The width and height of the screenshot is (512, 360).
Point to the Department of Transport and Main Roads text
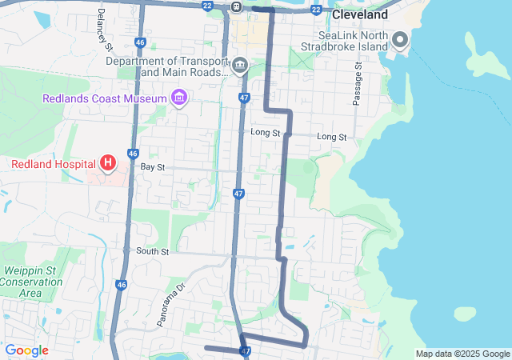click(x=166, y=66)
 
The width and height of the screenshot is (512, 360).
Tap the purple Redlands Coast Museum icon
click(x=179, y=98)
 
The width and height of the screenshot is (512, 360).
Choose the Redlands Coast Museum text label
click(x=104, y=98)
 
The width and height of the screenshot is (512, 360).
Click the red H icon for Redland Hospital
click(x=108, y=164)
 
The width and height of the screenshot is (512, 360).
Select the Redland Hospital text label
click(x=53, y=164)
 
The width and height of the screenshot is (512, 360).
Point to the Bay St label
click(x=152, y=167)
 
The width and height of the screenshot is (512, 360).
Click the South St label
click(x=152, y=251)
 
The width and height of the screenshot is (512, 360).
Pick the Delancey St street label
click(x=101, y=26)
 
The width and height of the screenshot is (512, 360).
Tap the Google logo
click(x=26, y=350)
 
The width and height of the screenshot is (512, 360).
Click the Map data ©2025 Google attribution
click(x=462, y=354)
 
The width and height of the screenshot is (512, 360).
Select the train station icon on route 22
click(x=237, y=6)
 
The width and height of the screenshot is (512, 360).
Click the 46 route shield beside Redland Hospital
click(x=132, y=154)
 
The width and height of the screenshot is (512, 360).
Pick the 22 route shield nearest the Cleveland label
click(x=317, y=10)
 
